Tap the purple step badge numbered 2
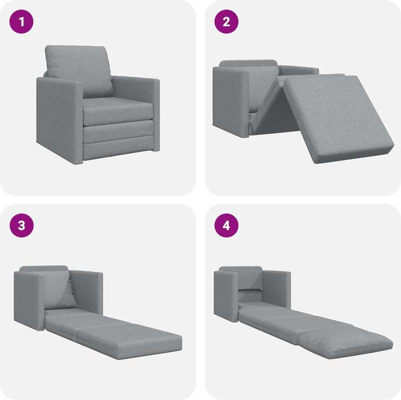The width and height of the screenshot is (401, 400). coord(226,23)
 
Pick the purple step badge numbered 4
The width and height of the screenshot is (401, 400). coord(226,226)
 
